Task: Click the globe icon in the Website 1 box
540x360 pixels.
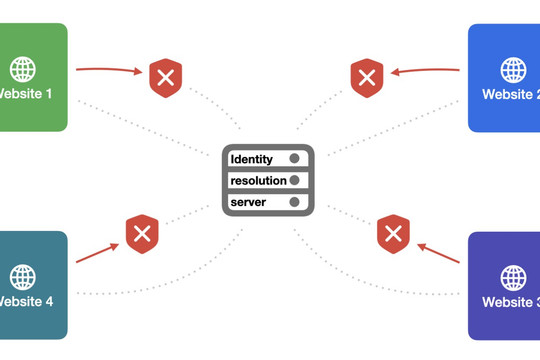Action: (x=22, y=70)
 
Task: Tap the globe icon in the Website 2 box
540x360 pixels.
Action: (x=513, y=70)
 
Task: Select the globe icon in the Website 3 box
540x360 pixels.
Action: (x=513, y=278)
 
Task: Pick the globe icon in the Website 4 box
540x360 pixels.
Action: (x=22, y=277)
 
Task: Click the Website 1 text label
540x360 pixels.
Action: (x=25, y=94)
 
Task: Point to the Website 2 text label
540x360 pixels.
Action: (x=511, y=94)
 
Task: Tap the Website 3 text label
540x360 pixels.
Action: (x=511, y=302)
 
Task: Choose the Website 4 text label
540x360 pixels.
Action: (x=26, y=301)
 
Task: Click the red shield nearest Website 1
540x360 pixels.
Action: (x=166, y=78)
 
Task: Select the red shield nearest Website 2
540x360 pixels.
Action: (x=367, y=78)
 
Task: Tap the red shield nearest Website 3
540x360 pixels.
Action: (x=393, y=234)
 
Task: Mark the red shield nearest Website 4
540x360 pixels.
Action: (x=142, y=234)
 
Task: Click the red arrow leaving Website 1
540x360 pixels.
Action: (x=109, y=70)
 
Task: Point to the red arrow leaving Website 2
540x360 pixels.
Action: (x=425, y=70)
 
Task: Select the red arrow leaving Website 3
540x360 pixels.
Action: (x=438, y=253)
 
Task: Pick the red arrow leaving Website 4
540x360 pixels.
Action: (x=97, y=253)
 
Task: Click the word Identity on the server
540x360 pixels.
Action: (x=251, y=160)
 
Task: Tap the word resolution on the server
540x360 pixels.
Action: (x=258, y=181)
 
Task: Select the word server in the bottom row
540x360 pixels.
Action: (x=248, y=202)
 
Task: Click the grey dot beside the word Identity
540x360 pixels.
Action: (x=294, y=158)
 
